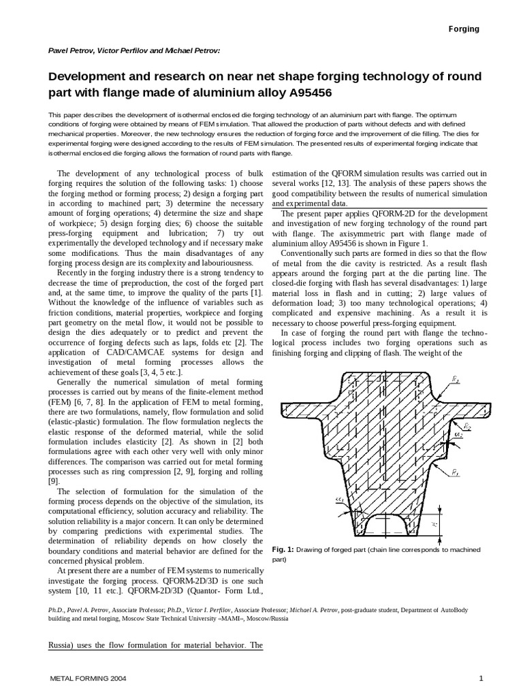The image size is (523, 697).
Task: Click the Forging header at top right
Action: click(463, 29)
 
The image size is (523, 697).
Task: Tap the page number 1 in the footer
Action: click(481, 679)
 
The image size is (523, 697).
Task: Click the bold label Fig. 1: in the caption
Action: click(282, 549)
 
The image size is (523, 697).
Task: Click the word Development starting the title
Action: click(90, 75)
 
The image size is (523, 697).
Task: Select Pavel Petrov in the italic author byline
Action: click(74, 50)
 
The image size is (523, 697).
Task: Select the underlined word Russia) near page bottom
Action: click(65, 645)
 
